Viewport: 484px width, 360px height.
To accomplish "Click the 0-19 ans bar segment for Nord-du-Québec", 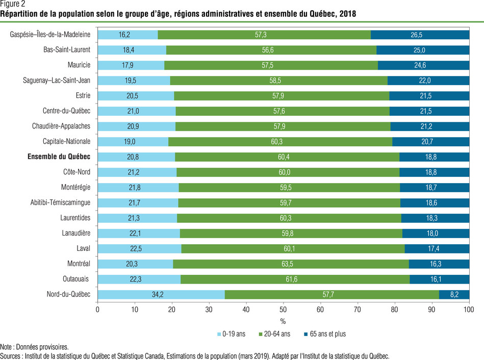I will tap(161, 294).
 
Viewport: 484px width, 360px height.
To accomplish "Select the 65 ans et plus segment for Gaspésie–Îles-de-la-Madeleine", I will tap(420, 35).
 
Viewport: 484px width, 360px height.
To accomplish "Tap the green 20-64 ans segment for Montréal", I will tap(291, 264).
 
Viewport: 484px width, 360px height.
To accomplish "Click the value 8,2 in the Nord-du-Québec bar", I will tap(454, 294).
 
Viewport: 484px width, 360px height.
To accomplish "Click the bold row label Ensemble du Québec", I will tap(59, 157).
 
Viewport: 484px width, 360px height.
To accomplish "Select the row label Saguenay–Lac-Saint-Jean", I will tap(57, 80).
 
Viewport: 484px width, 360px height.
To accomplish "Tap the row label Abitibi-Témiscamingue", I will tap(60, 202).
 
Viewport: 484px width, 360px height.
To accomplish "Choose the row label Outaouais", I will tap(77, 279).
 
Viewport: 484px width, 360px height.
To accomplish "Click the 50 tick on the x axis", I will tap(283, 309).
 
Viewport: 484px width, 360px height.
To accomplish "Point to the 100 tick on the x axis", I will tap(469, 309).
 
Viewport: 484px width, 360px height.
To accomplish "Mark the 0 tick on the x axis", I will tap(97, 309).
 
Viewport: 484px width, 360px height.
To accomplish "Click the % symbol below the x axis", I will tap(283, 321).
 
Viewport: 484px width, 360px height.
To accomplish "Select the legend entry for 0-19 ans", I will tap(233, 334).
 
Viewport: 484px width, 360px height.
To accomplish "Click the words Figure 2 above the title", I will tap(13, 4).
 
